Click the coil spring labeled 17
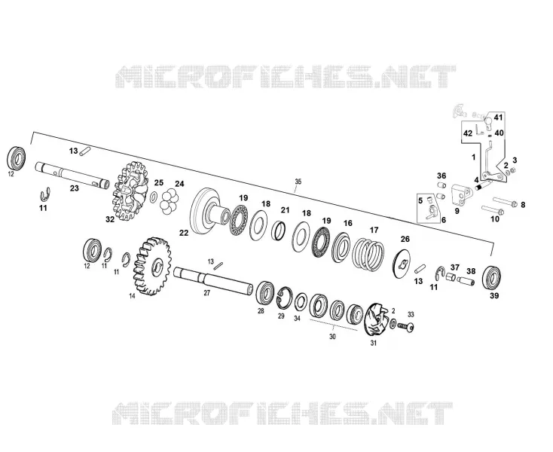click(368, 253)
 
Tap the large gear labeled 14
click(152, 266)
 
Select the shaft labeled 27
click(213, 279)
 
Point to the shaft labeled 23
click(72, 176)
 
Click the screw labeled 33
click(406, 327)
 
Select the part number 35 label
click(298, 182)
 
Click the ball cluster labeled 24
click(170, 201)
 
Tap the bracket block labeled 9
click(461, 196)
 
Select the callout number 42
click(468, 133)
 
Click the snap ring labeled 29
click(284, 297)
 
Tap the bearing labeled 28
click(265, 292)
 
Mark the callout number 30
click(332, 337)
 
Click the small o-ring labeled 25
click(154, 197)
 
